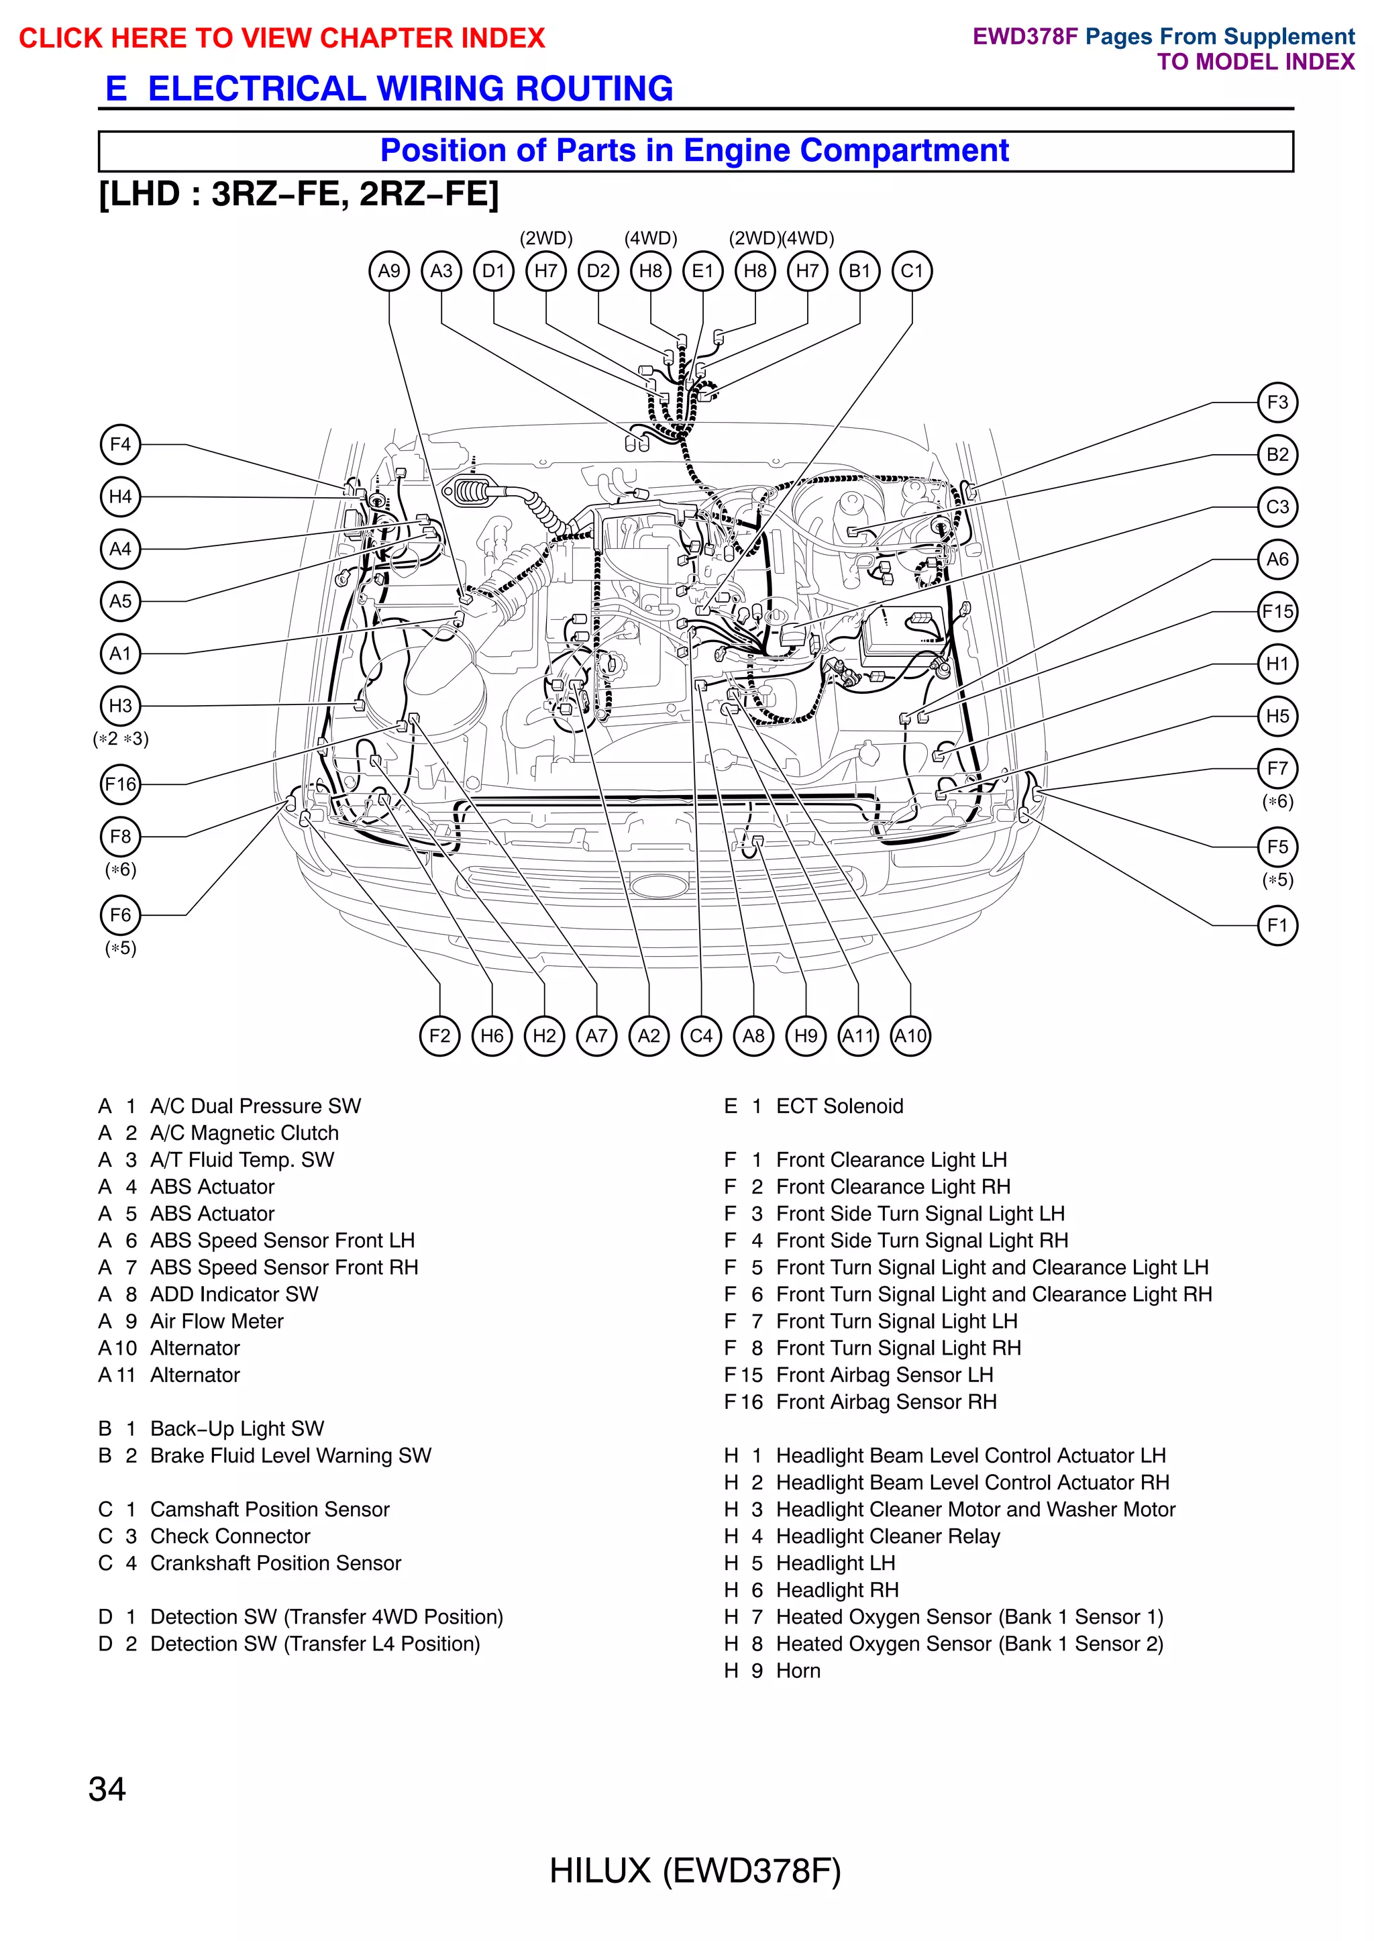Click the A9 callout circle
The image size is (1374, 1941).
pyautogui.click(x=389, y=271)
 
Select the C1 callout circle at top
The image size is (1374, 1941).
pyautogui.click(x=912, y=271)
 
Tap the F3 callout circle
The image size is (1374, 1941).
pyautogui.click(x=1277, y=403)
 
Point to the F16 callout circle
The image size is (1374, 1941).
pyautogui.click(x=120, y=784)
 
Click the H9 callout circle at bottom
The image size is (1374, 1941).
pyautogui.click(x=806, y=1036)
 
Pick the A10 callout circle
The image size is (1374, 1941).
pyautogui.click(x=910, y=1036)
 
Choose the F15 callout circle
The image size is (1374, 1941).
pyautogui.click(x=1277, y=612)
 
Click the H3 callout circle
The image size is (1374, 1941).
pyautogui.click(x=120, y=706)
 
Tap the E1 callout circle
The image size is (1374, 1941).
pyautogui.click(x=703, y=271)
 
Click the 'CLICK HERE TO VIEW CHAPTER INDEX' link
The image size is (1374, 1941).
pyautogui.click(x=282, y=38)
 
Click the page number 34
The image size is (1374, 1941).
pyautogui.click(x=107, y=1789)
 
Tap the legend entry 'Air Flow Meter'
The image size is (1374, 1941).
pyautogui.click(x=217, y=1321)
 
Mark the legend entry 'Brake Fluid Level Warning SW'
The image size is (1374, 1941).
pyautogui.click(x=290, y=1455)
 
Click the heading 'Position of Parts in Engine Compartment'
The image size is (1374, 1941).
pyautogui.click(x=694, y=150)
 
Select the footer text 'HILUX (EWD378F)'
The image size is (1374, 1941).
pyautogui.click(x=694, y=1871)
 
